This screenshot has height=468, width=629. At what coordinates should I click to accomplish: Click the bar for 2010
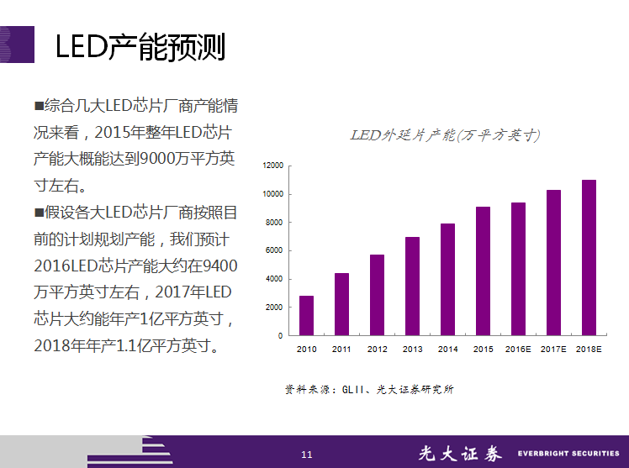coord(306,316)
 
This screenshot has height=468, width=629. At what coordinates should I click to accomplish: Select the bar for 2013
coord(412,287)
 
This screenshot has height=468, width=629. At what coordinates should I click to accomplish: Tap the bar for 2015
coord(483,271)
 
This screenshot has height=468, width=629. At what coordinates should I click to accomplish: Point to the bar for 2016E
coord(518,269)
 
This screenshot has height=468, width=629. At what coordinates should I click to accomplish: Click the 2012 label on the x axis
coord(377,349)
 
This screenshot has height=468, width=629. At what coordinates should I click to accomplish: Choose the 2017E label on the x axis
coord(553,349)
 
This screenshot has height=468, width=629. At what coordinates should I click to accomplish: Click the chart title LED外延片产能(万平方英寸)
coord(445,135)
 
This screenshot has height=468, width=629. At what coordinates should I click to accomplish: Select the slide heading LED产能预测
coord(140,47)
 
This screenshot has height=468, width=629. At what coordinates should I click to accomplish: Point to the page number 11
coord(307,455)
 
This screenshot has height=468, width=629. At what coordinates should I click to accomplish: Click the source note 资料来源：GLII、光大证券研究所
coord(369,390)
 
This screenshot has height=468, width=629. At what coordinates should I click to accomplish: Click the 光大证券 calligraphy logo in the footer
coord(460,454)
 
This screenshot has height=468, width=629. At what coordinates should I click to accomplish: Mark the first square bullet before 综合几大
coord(39,106)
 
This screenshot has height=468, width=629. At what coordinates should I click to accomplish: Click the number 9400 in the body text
coord(220,266)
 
